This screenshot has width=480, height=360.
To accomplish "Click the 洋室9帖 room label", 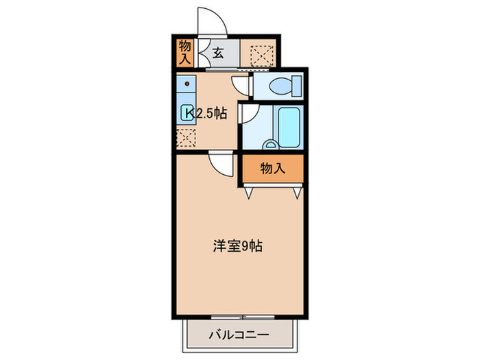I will coord(236,245).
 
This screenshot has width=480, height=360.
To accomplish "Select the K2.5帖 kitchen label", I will coord(204,114).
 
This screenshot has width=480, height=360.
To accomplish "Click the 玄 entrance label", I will coord(217,53).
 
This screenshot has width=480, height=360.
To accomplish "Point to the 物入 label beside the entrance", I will coord(184,53).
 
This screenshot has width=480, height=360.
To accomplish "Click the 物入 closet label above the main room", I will coord(273,169).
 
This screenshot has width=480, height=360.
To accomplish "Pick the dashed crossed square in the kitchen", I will coord(185,137).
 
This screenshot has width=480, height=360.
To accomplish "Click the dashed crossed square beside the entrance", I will coord(261,53).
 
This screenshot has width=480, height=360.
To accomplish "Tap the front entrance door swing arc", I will coord(212,21).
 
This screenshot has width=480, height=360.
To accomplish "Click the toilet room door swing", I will coord(241,85).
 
